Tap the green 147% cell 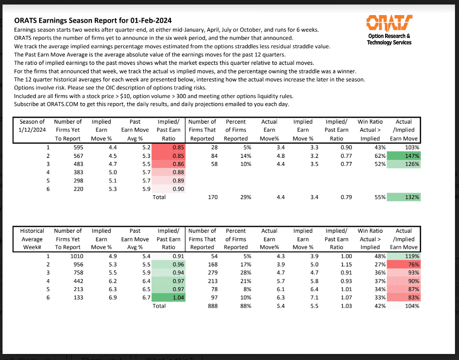[x=405, y=156]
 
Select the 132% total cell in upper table [x=405, y=197]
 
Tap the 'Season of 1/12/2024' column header [x=32, y=130]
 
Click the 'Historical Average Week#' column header [x=32, y=238]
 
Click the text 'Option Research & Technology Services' [x=389, y=39]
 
